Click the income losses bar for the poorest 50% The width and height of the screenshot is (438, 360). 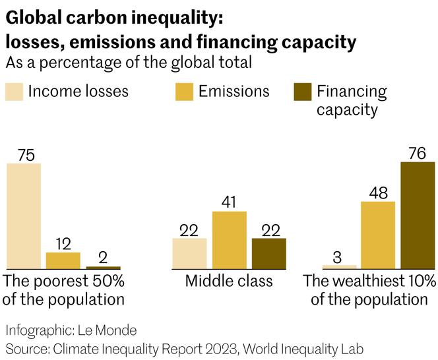pyautogui.click(x=24, y=216)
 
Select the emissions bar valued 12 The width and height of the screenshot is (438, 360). pyautogui.click(x=63, y=260)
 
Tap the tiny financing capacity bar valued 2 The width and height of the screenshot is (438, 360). pyautogui.click(x=103, y=267)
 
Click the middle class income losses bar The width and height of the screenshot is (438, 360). pyautogui.click(x=189, y=253)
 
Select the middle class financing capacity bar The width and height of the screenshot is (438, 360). pyautogui.click(x=269, y=253)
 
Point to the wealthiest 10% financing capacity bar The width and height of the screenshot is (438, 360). pyautogui.click(x=418, y=215)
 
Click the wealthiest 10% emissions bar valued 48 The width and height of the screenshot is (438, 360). pyautogui.click(x=378, y=235)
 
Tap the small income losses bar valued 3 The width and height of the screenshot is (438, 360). pyautogui.click(x=338, y=266)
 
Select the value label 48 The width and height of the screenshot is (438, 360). pyautogui.click(x=378, y=192)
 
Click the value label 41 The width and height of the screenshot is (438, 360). pyautogui.click(x=229, y=202)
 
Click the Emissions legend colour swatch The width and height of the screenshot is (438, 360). pyautogui.click(x=184, y=92)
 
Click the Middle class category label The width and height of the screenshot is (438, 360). pyautogui.click(x=229, y=282)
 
